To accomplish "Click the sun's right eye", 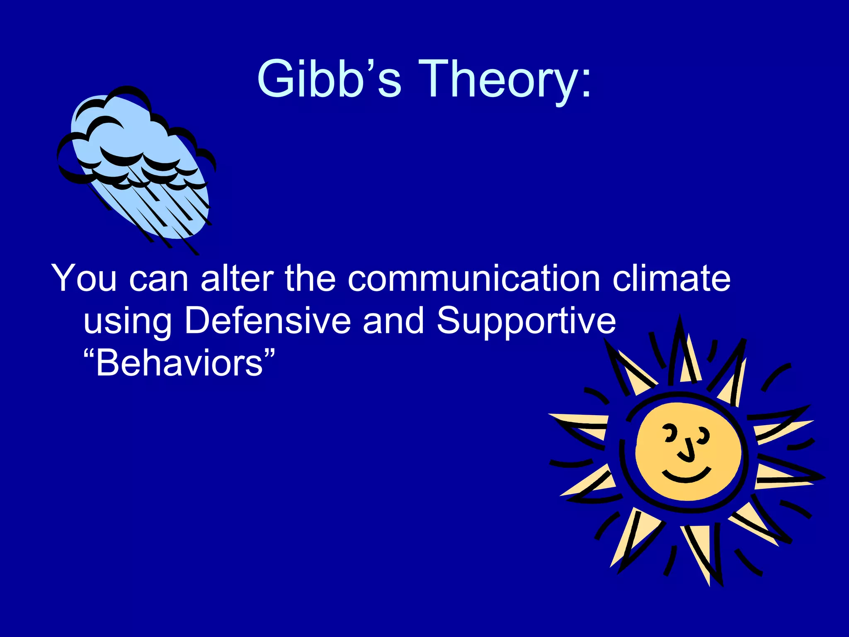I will pyautogui.click(x=703, y=434).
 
